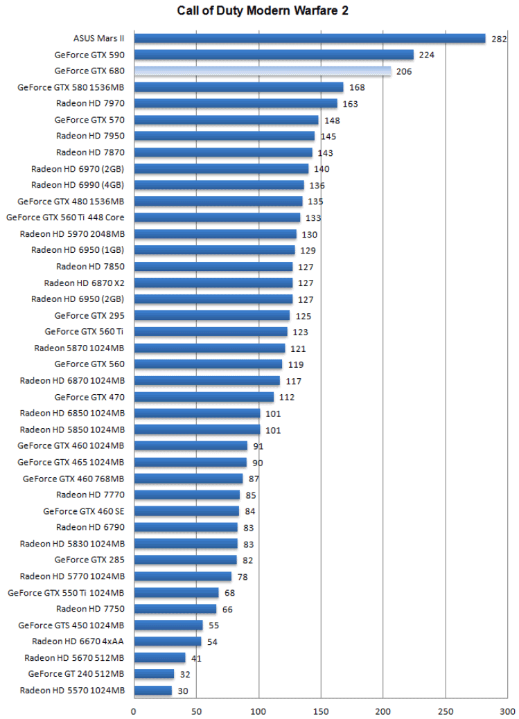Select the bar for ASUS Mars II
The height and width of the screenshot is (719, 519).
click(309, 39)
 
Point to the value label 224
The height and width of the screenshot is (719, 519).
click(426, 55)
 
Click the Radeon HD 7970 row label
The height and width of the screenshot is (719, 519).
click(90, 103)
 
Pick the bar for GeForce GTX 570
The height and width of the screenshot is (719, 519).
click(226, 120)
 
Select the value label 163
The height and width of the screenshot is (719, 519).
click(350, 104)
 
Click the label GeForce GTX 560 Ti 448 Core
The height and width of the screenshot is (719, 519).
click(65, 218)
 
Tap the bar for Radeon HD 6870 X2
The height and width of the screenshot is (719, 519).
click(213, 283)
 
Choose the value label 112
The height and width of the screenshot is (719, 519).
click(287, 397)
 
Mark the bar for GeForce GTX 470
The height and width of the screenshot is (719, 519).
click(204, 397)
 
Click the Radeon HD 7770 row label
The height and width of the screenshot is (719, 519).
click(90, 495)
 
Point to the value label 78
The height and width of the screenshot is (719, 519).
click(243, 576)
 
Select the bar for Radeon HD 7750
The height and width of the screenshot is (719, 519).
click(175, 609)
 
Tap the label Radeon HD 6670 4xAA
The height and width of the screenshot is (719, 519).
click(78, 641)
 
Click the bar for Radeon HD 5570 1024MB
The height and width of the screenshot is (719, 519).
click(152, 691)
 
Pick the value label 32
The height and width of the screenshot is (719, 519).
click(186, 674)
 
